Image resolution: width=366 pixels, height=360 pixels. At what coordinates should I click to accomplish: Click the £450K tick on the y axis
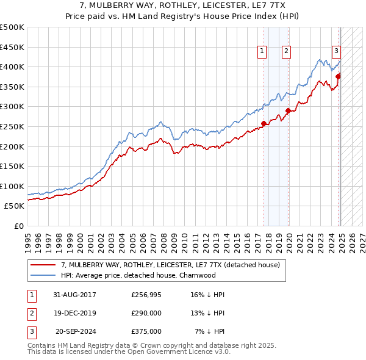(12, 47)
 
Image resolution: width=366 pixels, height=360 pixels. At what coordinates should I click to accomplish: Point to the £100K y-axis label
(12, 186)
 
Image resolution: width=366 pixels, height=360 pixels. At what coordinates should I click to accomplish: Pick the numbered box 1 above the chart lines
(262, 52)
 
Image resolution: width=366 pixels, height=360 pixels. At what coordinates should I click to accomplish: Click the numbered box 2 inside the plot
(286, 52)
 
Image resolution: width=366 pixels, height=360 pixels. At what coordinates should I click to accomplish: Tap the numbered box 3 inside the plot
(336, 52)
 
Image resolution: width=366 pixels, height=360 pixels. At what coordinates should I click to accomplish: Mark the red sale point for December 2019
(288, 111)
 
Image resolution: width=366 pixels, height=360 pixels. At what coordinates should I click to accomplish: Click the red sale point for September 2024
(338, 77)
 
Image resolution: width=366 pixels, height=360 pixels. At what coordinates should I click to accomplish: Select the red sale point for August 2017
(264, 124)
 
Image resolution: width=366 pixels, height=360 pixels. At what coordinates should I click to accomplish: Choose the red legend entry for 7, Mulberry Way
(170, 265)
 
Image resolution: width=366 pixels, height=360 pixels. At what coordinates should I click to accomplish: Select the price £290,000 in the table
(146, 313)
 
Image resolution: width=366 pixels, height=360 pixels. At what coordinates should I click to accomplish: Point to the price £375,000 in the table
(146, 331)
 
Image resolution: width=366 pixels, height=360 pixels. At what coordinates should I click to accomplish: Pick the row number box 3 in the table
(31, 331)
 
